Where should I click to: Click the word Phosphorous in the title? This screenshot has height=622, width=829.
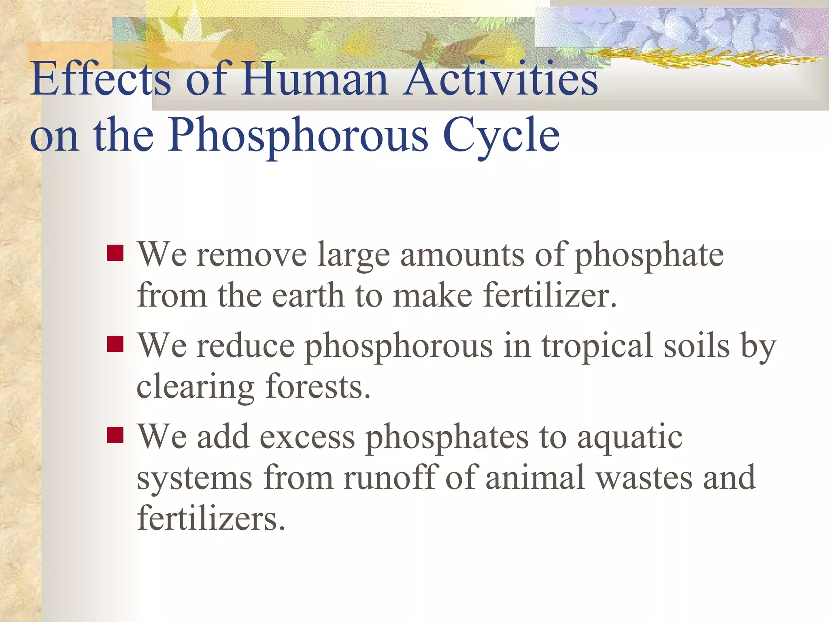tap(299, 136)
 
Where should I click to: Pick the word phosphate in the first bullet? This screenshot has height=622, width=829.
tap(649, 256)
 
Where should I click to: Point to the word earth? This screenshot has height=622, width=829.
tap(308, 296)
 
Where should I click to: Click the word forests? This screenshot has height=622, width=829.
tap(318, 387)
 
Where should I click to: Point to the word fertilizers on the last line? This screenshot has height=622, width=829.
tap(211, 518)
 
